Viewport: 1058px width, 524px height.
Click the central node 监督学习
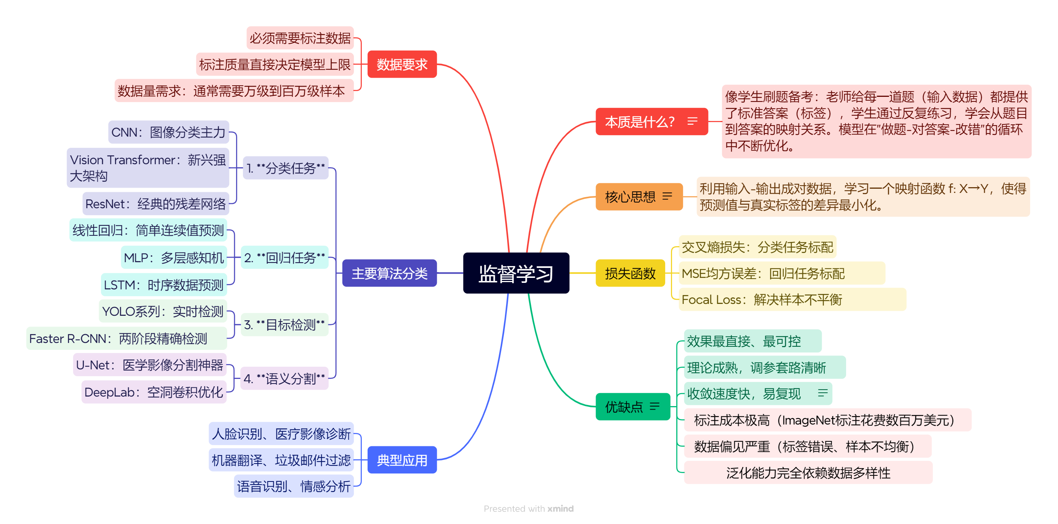pyautogui.click(x=516, y=273)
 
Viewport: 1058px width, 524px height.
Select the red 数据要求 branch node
pyautogui.click(x=402, y=65)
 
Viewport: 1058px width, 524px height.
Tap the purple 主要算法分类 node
pyautogui.click(x=389, y=273)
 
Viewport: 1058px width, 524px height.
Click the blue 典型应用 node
pyautogui.click(x=402, y=460)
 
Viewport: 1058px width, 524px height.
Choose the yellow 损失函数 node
pyautogui.click(x=630, y=273)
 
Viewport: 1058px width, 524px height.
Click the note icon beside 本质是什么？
pyautogui.click(x=692, y=121)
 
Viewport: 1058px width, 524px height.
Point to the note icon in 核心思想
pyautogui.click(x=667, y=196)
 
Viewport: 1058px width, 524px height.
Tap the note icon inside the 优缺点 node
pyautogui.click(x=655, y=406)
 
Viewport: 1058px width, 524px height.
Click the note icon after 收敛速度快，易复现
pyautogui.click(x=822, y=393)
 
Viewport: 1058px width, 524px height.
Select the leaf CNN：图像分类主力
pyautogui.click(x=168, y=132)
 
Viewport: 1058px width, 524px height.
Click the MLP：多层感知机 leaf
pyautogui.click(x=174, y=258)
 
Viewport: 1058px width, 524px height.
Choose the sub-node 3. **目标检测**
pyautogui.click(x=284, y=325)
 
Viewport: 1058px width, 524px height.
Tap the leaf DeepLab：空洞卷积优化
pyautogui.click(x=154, y=392)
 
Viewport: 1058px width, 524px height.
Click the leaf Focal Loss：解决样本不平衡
pyautogui.click(x=762, y=300)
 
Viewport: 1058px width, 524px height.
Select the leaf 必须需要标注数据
pyautogui.click(x=300, y=38)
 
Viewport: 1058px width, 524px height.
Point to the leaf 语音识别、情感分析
pyautogui.click(x=293, y=486)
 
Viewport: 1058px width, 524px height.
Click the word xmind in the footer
pyautogui.click(x=560, y=509)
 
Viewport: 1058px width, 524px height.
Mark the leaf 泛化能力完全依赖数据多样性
pyautogui.click(x=807, y=473)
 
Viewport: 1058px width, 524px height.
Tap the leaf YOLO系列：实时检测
pyautogui.click(x=163, y=312)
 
